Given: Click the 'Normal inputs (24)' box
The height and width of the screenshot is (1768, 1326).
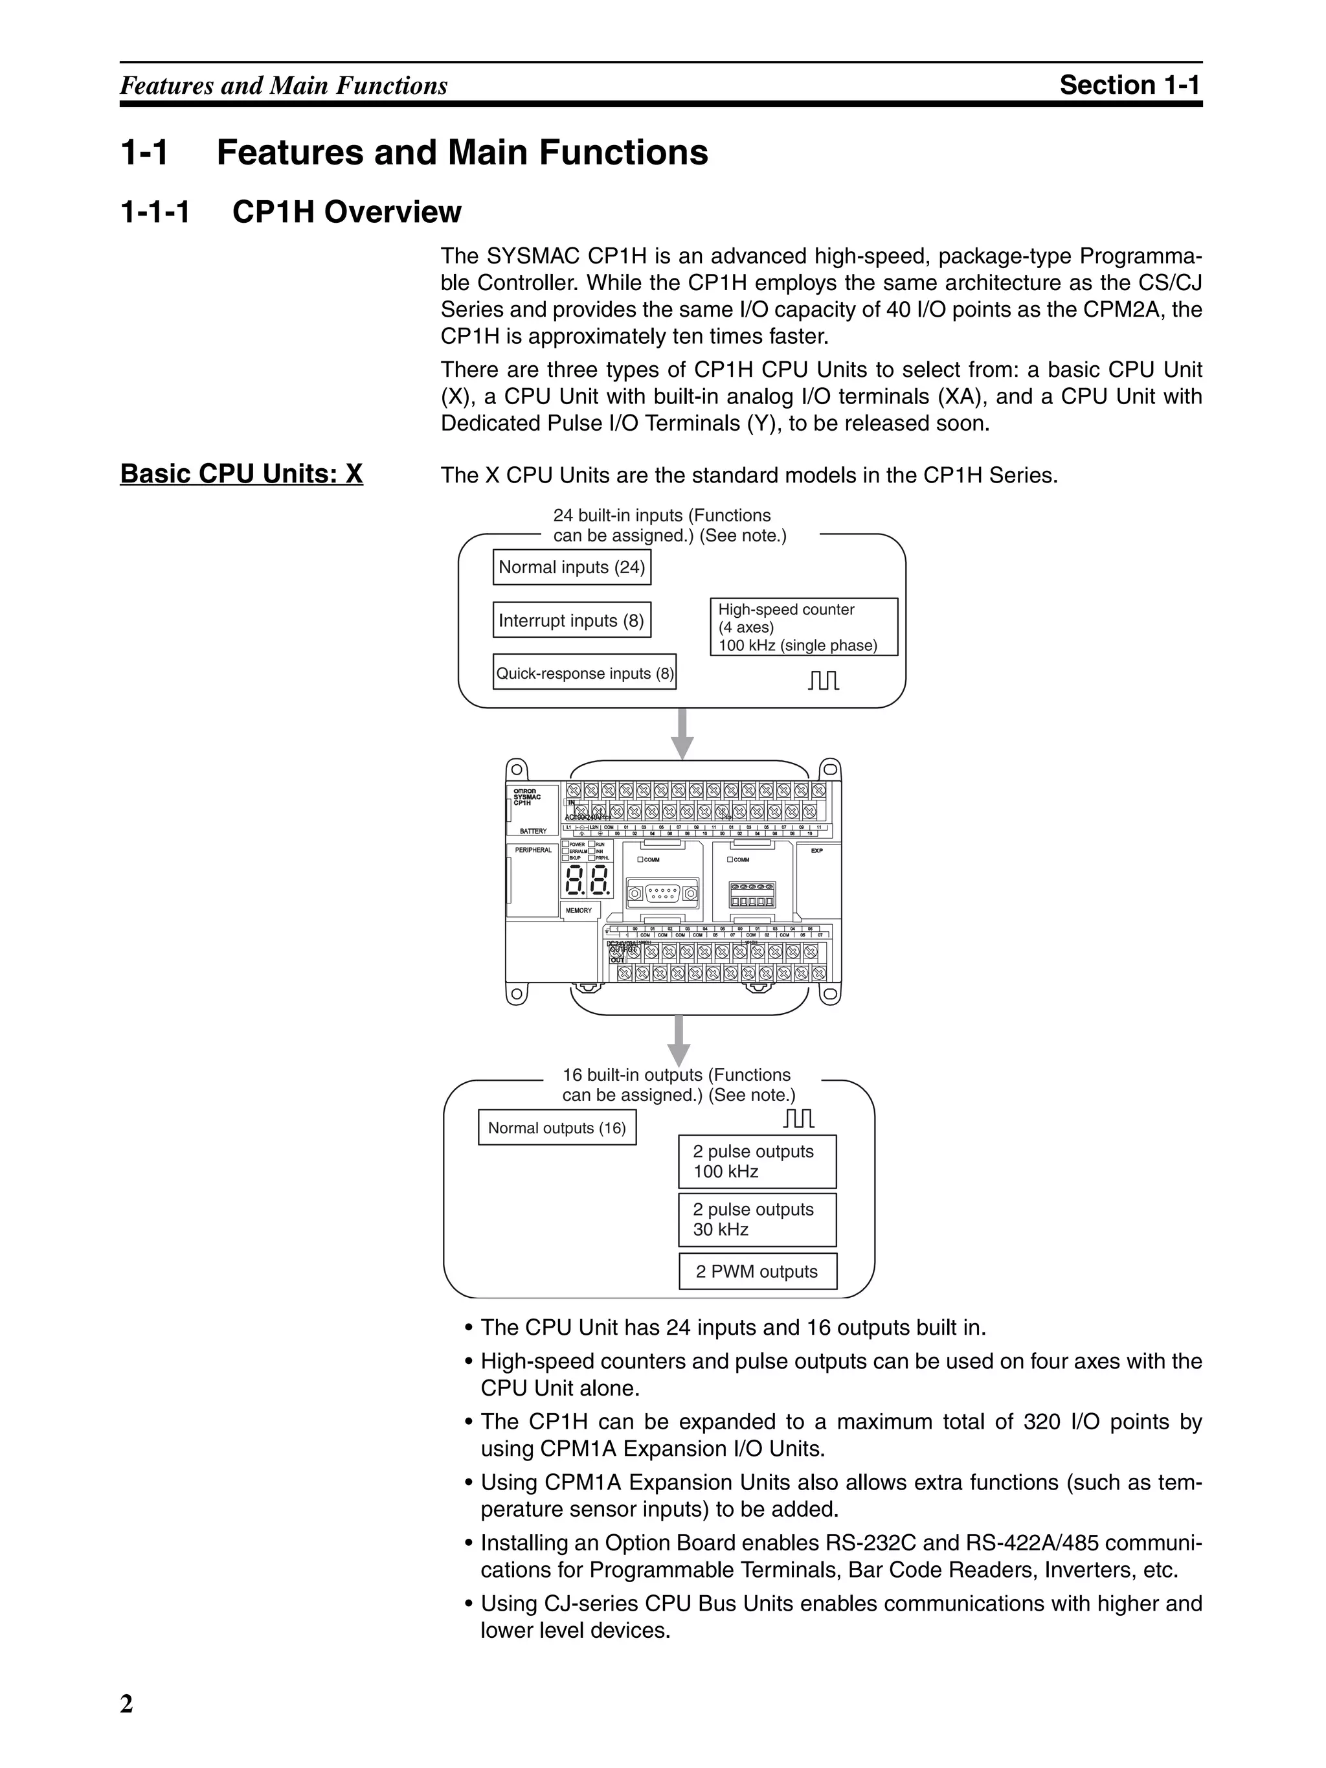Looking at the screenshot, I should pyautogui.click(x=572, y=567).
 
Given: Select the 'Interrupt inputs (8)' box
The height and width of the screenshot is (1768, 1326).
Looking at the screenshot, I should pyautogui.click(x=572, y=620).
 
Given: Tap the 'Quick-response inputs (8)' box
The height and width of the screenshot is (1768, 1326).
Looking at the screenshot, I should pyautogui.click(x=584, y=673).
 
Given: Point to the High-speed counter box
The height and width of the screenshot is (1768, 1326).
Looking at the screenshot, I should pyautogui.click(x=803, y=628).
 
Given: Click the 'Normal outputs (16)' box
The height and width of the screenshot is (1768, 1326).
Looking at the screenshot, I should pyautogui.click(x=557, y=1128).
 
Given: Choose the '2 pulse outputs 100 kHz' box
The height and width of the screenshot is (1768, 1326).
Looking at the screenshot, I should pyautogui.click(x=757, y=1161).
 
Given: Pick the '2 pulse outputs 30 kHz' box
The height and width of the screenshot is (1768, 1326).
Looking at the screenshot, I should pyautogui.click(x=757, y=1219).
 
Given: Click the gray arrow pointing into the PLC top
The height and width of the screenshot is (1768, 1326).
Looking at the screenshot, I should pyautogui.click(x=681, y=733).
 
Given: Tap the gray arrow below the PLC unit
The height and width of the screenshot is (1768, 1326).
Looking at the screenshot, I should pyautogui.click(x=679, y=1040).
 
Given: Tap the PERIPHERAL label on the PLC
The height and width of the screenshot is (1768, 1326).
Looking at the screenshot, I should pyautogui.click(x=533, y=850).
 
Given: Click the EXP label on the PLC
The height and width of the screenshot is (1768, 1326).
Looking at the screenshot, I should pyautogui.click(x=816, y=850).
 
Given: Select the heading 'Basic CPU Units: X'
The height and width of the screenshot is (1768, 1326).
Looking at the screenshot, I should pyautogui.click(x=242, y=474).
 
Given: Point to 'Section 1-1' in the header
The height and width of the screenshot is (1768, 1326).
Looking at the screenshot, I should pyautogui.click(x=1129, y=85).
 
